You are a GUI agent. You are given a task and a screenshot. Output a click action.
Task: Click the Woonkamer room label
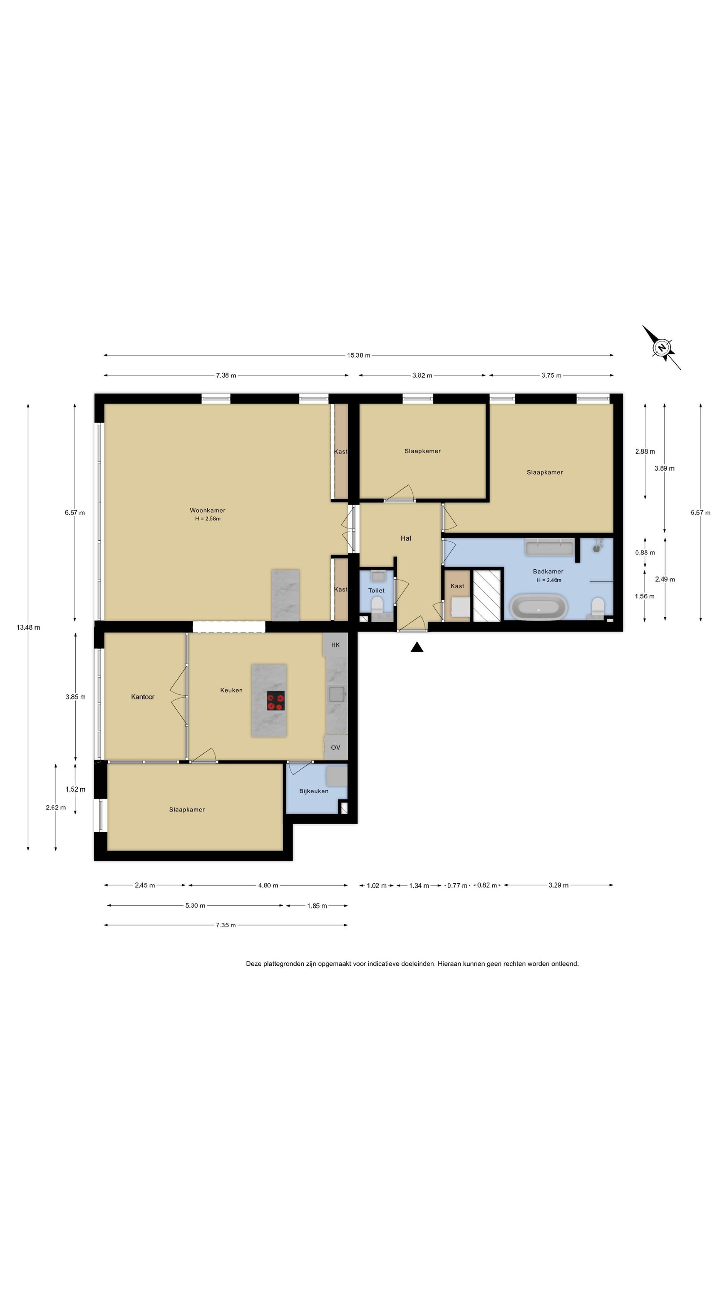(207, 510)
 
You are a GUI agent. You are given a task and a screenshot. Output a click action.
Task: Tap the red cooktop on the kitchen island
(276, 700)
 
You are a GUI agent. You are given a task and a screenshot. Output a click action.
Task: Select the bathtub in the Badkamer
(539, 607)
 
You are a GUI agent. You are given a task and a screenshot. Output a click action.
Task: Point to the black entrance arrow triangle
(416, 647)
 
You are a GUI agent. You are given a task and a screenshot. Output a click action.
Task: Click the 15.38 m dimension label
(358, 355)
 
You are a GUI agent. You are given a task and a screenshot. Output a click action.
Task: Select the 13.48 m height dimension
(28, 627)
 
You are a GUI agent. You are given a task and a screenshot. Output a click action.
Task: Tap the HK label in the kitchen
(335, 645)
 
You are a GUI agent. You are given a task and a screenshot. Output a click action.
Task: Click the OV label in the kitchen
(335, 747)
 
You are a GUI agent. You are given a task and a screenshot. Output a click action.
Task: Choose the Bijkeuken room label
(314, 791)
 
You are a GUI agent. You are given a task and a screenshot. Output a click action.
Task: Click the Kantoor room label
(143, 697)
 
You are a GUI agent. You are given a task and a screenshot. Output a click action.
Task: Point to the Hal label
(405, 538)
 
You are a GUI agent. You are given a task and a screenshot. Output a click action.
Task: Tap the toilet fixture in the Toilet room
(377, 604)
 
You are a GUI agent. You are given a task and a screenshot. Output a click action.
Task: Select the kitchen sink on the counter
(337, 694)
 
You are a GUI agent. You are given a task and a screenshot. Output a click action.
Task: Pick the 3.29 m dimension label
(558, 885)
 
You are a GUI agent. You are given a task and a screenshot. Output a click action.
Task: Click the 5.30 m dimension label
(195, 905)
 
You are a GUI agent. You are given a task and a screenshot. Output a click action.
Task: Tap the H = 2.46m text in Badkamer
(548, 581)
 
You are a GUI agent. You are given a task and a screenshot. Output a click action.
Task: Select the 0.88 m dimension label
(645, 552)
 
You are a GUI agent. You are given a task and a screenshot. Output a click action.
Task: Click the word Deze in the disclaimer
(254, 964)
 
